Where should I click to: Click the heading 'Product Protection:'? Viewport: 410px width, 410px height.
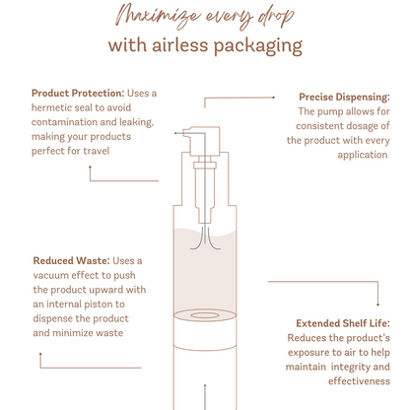coord(78,94)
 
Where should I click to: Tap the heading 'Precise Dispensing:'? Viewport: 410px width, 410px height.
coord(344,97)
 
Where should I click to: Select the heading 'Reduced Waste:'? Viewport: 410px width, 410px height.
coord(71,261)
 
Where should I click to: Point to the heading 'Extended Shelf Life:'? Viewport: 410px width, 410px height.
coord(343,323)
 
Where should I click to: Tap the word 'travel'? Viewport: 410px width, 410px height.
coord(96,151)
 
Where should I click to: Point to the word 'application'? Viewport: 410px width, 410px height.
coord(363,155)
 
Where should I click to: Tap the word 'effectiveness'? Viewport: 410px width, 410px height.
coord(359,381)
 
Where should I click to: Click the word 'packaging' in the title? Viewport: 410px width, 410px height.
coord(258,46)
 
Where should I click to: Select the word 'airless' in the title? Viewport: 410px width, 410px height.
coord(179,45)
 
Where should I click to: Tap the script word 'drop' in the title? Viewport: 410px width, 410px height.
coord(276,17)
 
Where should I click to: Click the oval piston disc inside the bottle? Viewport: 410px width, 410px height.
coord(205,315)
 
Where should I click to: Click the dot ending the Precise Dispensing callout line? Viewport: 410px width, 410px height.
coord(273,98)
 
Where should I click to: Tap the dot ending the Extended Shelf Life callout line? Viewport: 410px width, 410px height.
coord(377,305)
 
